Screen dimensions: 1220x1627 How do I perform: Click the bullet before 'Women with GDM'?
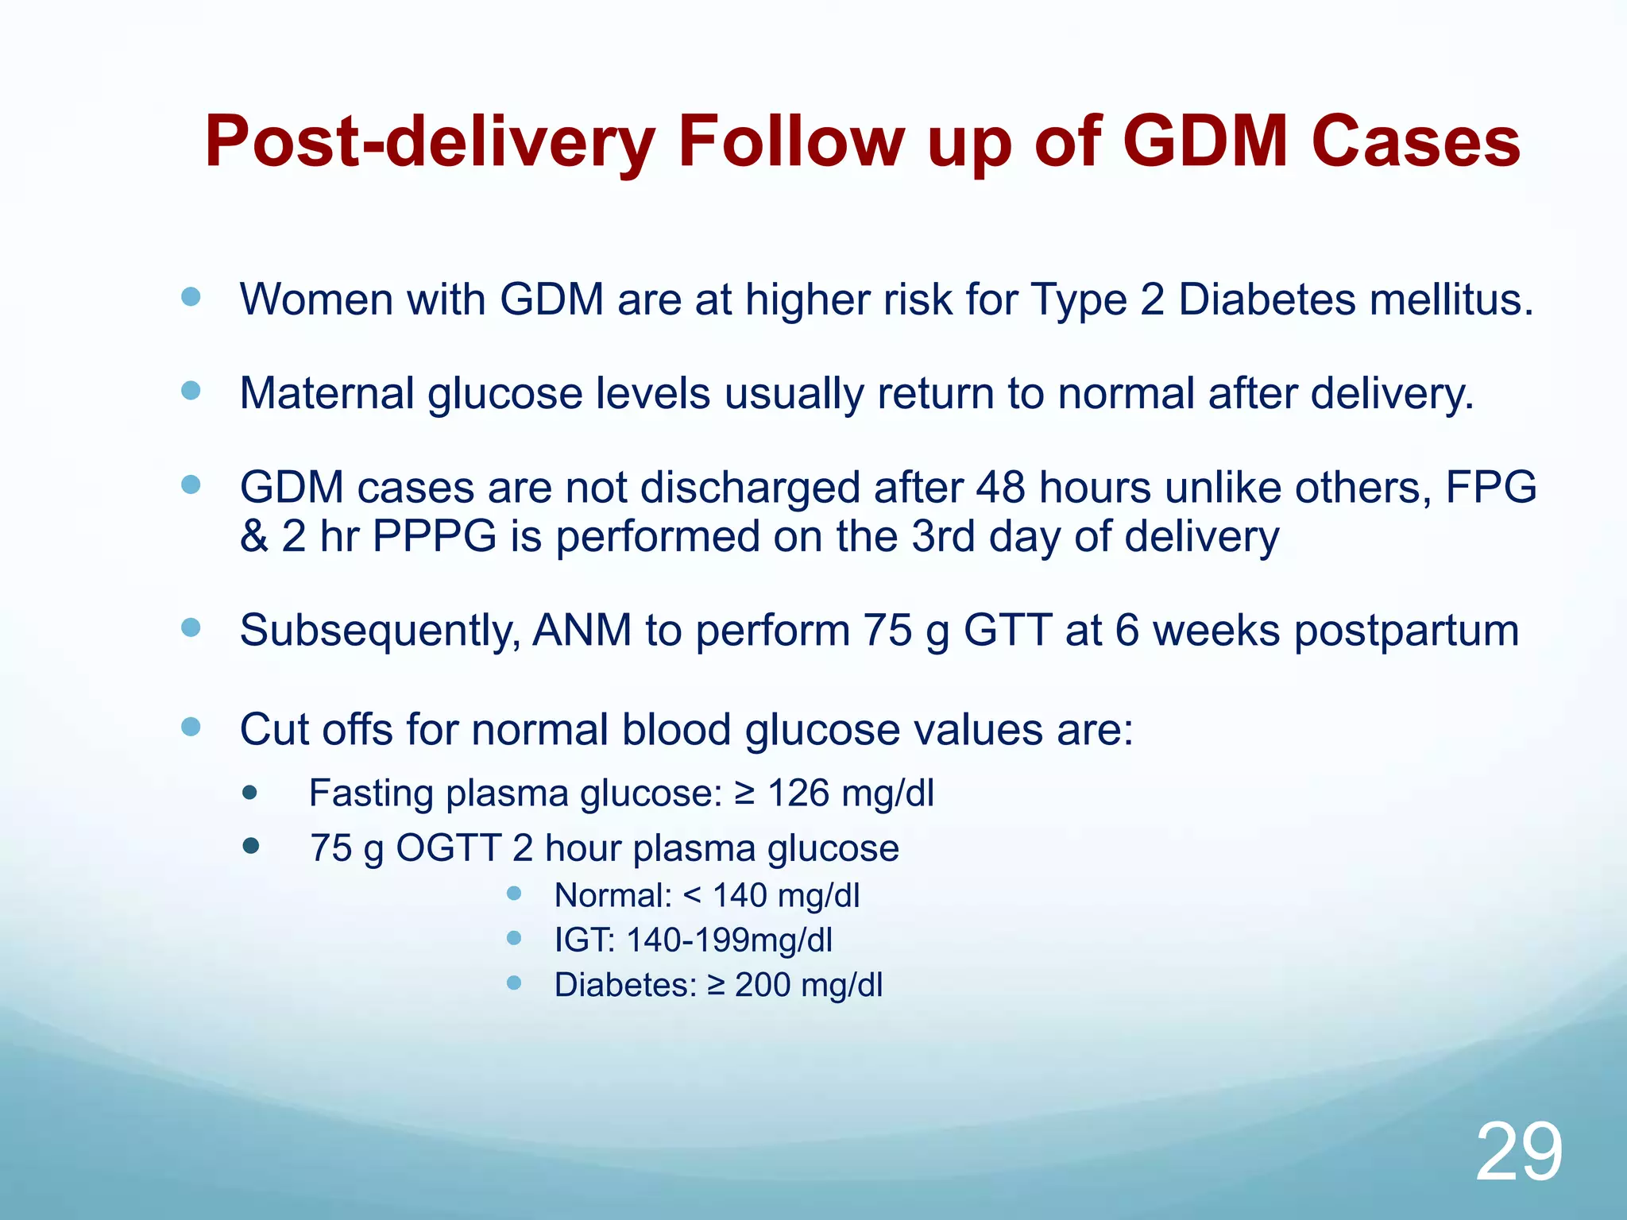coord(191,297)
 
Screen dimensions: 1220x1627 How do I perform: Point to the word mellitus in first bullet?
coord(1450,300)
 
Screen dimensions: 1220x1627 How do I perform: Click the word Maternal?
coord(327,393)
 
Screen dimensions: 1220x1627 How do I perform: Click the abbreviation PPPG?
coord(434,536)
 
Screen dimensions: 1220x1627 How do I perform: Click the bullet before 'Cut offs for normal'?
coord(191,727)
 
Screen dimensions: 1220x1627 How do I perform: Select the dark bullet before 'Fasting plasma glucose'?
coord(250,793)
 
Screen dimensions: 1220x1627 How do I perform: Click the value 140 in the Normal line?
coord(740,896)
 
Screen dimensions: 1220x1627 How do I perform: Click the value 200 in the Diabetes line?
coord(762,985)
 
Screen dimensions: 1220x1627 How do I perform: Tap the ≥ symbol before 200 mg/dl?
coord(716,986)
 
